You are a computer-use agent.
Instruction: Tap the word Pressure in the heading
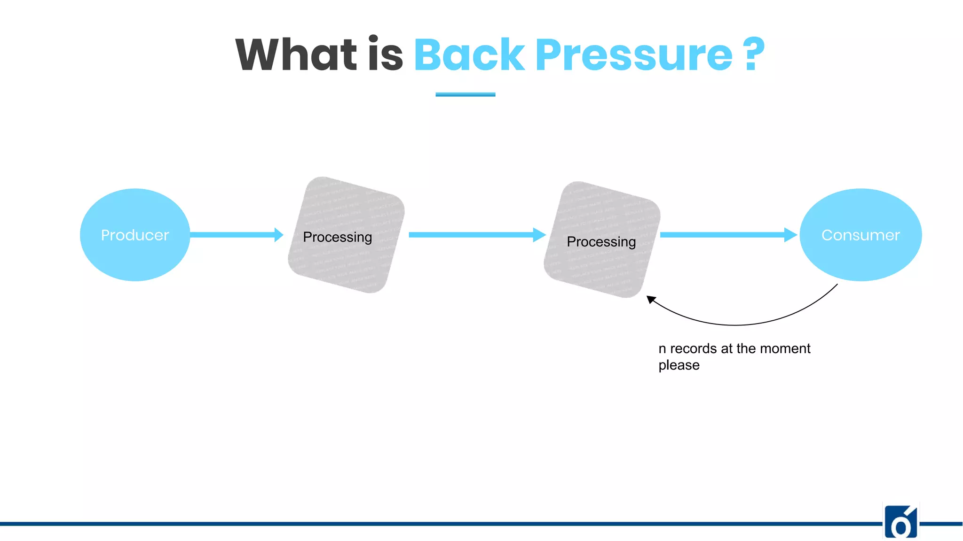[x=633, y=55]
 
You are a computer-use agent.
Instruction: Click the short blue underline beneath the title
[x=465, y=94]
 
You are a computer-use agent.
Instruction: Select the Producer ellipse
[x=135, y=235]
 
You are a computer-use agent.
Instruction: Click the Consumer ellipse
[x=860, y=235]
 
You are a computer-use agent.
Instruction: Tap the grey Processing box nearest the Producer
[x=346, y=235]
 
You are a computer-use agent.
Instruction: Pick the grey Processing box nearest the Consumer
[x=602, y=240]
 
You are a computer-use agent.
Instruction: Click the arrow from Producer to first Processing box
[x=233, y=234]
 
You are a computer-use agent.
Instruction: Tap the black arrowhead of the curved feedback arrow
[x=651, y=299]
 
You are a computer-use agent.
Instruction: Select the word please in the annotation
[x=679, y=365]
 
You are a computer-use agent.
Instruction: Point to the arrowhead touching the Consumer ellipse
[x=791, y=234]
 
